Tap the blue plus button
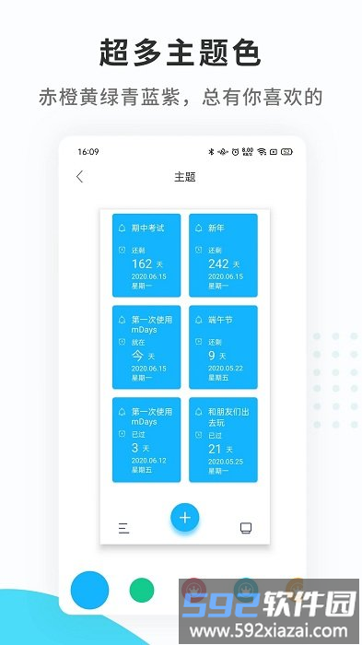pyautogui.click(x=184, y=518)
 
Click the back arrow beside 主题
pyautogui.click(x=79, y=177)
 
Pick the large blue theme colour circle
pyautogui.click(x=89, y=589)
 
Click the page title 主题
pyautogui.click(x=184, y=177)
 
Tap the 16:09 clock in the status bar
pyautogui.click(x=88, y=151)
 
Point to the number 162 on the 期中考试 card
pyautogui.click(x=142, y=264)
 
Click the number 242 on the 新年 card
pyautogui.click(x=218, y=264)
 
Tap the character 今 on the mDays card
pyautogui.click(x=139, y=355)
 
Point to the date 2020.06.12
pyautogui.click(x=148, y=459)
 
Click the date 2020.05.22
pyautogui.click(x=226, y=368)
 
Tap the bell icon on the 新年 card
pyautogui.click(x=198, y=228)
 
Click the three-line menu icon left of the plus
pyautogui.click(x=123, y=528)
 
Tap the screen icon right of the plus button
pyautogui.click(x=246, y=528)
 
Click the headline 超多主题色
pyautogui.click(x=181, y=53)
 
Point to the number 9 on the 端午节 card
pyautogui.click(x=212, y=355)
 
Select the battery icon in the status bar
pyautogui.click(x=286, y=151)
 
